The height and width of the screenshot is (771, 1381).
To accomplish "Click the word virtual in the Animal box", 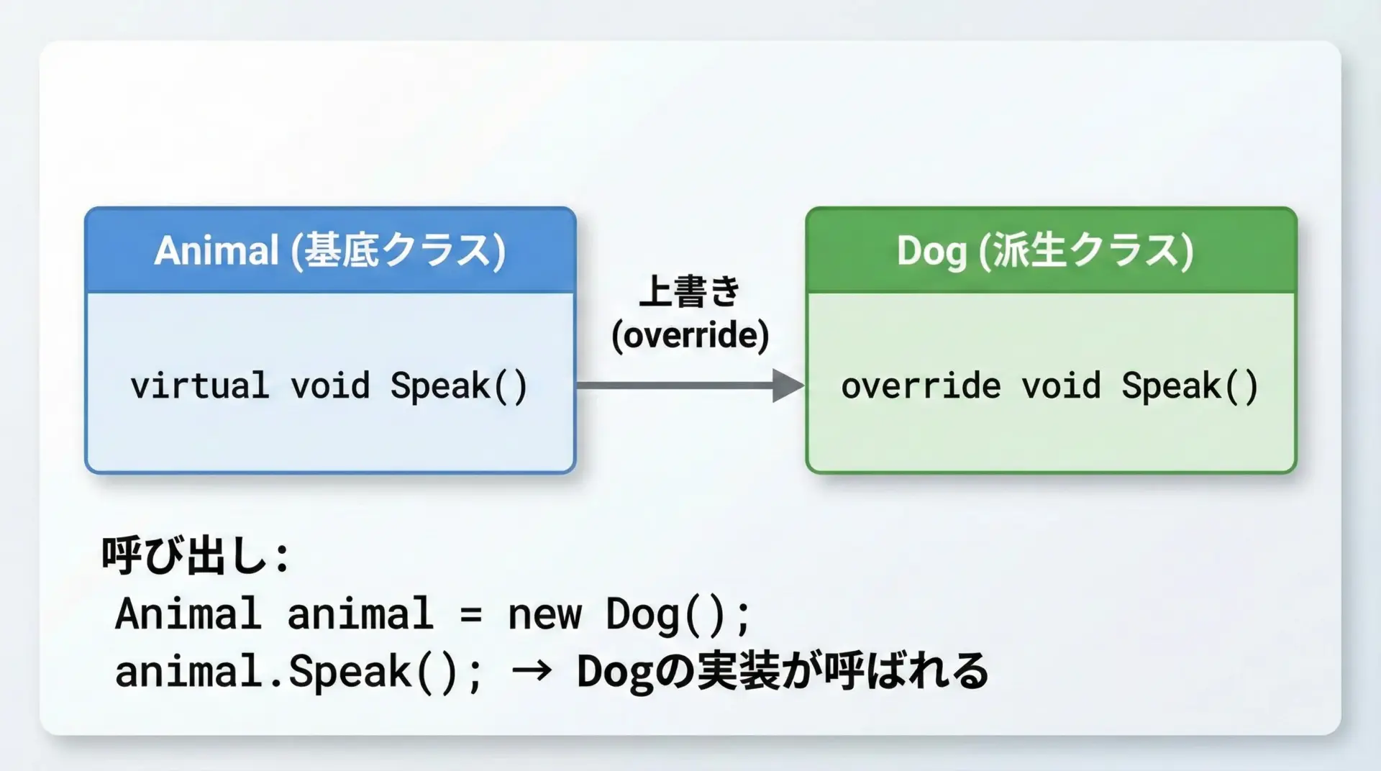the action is (200, 385).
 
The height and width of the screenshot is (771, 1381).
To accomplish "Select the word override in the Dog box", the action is (921, 386).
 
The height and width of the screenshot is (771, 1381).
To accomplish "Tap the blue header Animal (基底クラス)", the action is (330, 251).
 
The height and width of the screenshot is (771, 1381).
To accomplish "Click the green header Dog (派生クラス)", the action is (1045, 251).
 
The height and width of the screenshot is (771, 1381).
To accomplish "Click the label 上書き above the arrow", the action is (690, 291).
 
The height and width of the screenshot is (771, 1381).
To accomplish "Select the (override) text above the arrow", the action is (690, 336).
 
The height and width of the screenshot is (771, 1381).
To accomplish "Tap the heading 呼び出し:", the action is (195, 556).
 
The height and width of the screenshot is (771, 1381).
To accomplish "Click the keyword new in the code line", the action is (544, 615).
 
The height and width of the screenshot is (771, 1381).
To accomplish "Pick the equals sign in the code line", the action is (470, 616).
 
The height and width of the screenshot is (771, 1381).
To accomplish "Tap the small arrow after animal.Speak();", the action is (532, 672).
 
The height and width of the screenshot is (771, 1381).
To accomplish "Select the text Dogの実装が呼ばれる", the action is (783, 672).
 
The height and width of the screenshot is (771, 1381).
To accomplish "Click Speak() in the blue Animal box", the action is (459, 386).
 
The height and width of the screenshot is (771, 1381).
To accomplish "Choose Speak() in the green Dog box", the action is (1190, 386).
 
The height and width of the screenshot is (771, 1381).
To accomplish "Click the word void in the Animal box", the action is (330, 385).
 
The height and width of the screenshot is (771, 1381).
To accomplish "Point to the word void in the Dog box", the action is (1062, 386).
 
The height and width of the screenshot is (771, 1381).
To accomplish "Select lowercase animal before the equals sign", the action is (360, 615).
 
